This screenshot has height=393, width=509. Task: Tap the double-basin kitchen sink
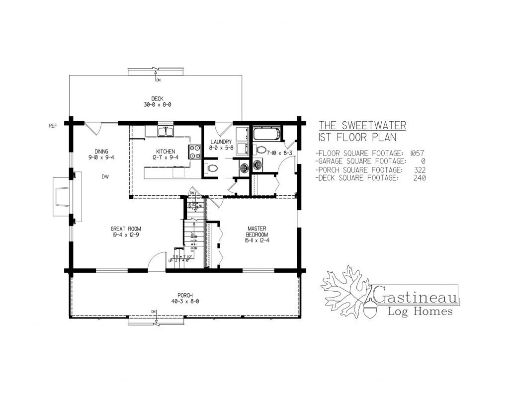click(166, 132)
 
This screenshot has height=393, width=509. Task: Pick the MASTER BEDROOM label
click(257, 231)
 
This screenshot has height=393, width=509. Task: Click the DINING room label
click(101, 152)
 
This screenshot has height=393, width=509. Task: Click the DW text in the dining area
click(105, 176)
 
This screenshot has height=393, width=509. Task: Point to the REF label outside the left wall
click(53, 126)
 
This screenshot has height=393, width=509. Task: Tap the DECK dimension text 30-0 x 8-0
click(158, 105)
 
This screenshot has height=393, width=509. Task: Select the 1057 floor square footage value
click(416, 153)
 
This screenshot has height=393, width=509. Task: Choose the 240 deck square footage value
click(419, 178)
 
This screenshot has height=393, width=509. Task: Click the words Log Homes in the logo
click(420, 312)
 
